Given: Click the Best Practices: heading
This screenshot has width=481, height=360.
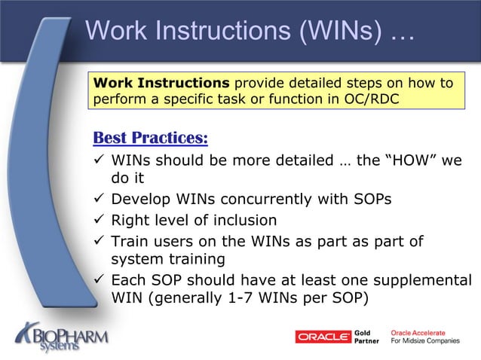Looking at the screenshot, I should point(149,139).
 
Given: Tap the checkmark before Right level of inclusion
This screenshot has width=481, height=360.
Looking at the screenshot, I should point(98,221).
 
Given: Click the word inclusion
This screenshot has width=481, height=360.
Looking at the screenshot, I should point(238,221).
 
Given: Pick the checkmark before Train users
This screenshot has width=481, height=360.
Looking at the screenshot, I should point(98,241).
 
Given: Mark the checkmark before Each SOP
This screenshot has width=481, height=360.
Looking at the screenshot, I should point(98,280).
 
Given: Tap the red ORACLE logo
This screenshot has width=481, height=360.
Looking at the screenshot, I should point(323,337).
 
